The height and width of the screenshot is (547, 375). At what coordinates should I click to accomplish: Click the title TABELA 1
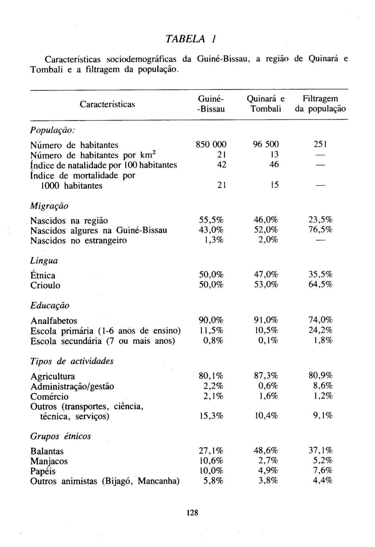click(190, 39)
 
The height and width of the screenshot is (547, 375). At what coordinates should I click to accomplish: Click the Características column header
click(107, 104)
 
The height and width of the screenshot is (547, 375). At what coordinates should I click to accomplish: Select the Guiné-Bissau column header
click(211, 104)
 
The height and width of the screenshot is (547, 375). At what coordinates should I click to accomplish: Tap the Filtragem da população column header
click(320, 104)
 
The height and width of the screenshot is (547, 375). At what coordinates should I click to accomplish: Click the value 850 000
click(211, 145)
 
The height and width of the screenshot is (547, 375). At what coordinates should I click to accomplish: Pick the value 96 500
click(266, 145)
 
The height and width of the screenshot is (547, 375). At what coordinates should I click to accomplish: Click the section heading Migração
click(49, 206)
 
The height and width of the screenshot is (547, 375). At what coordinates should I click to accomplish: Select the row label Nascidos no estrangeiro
click(78, 241)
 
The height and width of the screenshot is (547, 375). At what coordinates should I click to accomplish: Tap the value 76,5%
click(320, 230)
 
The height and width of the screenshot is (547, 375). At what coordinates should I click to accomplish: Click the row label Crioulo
click(45, 286)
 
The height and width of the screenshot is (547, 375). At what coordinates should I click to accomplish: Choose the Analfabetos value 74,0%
click(320, 320)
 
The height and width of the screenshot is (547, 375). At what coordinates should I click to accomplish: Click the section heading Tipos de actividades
click(72, 362)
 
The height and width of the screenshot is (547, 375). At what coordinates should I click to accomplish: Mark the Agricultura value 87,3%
click(266, 376)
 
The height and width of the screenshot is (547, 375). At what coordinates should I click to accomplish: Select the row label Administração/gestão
click(72, 387)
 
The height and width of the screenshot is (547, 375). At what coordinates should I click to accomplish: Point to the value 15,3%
click(211, 416)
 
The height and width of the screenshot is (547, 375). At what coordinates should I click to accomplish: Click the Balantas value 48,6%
click(266, 451)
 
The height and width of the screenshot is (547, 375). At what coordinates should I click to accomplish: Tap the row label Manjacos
click(49, 461)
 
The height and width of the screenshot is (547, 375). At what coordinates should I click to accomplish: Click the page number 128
click(192, 513)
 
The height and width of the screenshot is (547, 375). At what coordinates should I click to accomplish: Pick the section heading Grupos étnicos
click(61, 437)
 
